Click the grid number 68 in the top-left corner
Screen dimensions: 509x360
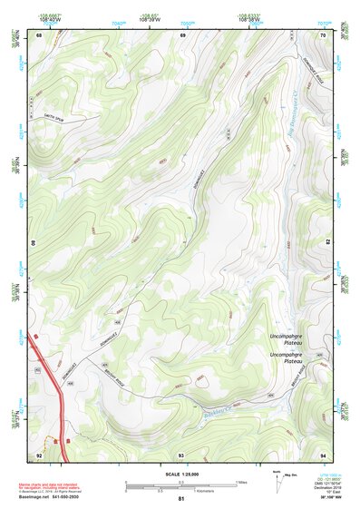coord(39,34)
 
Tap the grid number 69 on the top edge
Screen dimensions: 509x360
coord(182,34)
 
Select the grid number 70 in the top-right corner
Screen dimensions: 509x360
coord(324,34)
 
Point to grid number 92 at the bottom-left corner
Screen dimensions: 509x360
coord(39,454)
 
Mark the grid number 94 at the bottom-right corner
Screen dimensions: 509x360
coord(324,454)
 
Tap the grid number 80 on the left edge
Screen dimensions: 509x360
coord(34,243)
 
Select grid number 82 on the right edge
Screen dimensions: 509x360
coord(329,243)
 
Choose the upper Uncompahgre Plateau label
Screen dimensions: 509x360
coord(292,340)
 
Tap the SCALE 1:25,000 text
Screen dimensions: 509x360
coord(181,475)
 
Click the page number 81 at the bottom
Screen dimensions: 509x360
coord(181,500)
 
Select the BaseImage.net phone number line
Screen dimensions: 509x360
coord(51,499)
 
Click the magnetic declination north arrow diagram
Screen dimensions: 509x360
coord(277,481)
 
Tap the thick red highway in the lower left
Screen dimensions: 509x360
coord(51,372)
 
